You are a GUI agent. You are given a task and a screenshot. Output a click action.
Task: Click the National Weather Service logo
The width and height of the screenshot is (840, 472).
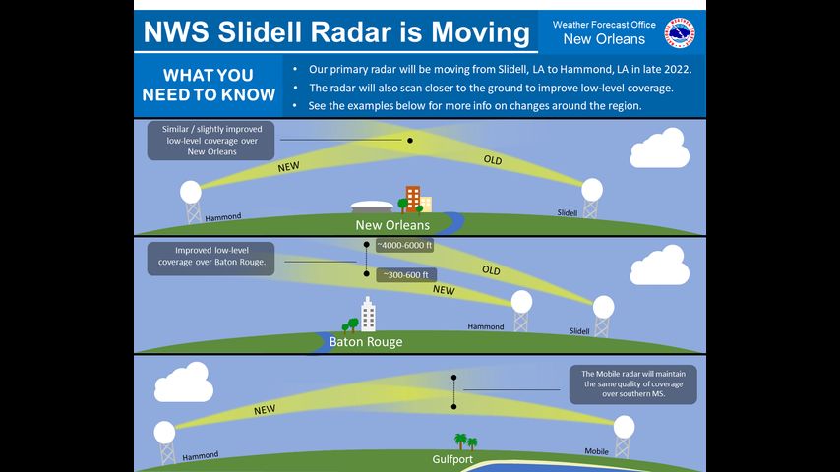click(x=680, y=33)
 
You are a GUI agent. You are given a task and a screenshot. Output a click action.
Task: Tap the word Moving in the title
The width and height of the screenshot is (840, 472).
click(x=481, y=32)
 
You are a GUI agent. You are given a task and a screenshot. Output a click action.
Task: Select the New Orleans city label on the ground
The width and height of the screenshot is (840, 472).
click(x=392, y=225)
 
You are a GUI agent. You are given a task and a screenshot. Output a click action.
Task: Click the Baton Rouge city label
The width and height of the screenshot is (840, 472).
click(x=366, y=342)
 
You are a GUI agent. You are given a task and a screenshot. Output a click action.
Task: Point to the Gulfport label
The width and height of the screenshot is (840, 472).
click(x=452, y=459)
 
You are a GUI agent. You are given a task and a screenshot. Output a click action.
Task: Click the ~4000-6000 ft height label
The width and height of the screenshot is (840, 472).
click(x=404, y=246)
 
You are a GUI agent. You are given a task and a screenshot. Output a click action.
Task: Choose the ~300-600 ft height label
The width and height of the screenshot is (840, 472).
click(x=406, y=275)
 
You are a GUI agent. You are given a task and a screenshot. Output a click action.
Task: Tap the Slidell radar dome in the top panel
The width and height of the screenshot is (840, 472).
click(x=592, y=190)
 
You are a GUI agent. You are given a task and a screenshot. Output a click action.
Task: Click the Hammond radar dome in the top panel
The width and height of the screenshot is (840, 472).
click(x=191, y=192)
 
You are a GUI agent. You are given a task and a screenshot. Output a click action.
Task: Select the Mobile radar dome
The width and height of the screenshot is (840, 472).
click(x=625, y=427)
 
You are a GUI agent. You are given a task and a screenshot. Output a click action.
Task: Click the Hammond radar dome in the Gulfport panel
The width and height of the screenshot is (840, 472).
click(x=164, y=433)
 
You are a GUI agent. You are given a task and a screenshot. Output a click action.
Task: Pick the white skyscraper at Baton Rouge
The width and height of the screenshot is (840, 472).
click(x=368, y=315)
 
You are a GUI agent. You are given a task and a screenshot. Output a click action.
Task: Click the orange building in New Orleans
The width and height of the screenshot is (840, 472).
click(x=412, y=199)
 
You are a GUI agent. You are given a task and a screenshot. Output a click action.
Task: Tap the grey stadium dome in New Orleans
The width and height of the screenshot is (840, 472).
click(x=373, y=206)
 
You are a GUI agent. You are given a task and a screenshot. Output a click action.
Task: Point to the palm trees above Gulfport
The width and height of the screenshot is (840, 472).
click(x=465, y=442)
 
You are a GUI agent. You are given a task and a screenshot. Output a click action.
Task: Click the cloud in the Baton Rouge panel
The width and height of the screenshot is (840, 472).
click(x=659, y=265)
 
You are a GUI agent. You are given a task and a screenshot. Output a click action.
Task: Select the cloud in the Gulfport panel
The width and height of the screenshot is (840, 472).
click(x=184, y=382)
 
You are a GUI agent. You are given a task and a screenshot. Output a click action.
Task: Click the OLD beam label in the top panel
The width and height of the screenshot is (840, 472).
click(x=493, y=159)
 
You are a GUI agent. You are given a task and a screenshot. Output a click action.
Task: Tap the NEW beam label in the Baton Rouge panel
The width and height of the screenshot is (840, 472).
click(x=444, y=290)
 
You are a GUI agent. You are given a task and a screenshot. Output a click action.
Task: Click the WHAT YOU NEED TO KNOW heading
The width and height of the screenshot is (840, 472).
click(x=209, y=85)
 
